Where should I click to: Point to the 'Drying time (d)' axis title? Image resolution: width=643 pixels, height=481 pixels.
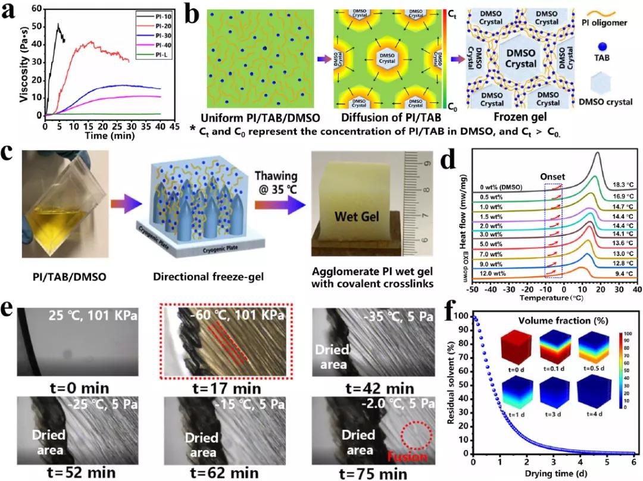[555, 473]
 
